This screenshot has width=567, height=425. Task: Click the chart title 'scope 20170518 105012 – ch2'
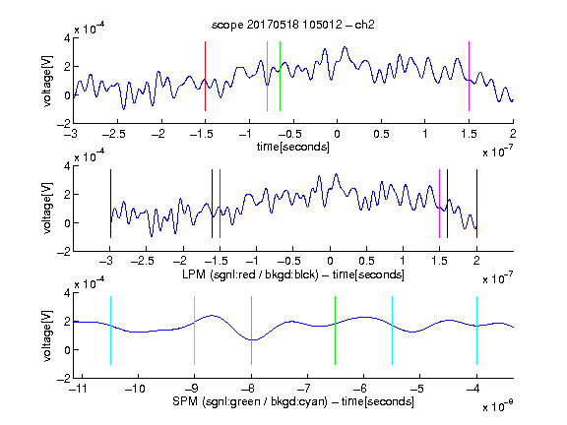[x=293, y=25]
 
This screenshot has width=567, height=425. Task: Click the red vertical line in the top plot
[x=205, y=77]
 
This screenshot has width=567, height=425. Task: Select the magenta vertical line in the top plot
[x=469, y=77]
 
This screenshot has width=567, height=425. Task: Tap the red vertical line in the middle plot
[x=220, y=204]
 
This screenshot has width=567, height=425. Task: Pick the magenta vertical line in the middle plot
[x=439, y=204]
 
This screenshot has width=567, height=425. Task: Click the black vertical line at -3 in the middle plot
[x=110, y=204]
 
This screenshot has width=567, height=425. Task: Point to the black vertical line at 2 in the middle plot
[x=476, y=204]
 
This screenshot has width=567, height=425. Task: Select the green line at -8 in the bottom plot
[x=251, y=331]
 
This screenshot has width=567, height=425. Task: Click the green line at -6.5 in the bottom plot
[x=336, y=331]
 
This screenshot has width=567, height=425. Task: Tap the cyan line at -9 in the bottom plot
[x=195, y=331]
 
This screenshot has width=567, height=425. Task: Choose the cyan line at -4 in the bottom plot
[x=476, y=331]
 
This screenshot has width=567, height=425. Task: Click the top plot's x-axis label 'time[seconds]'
[x=293, y=147]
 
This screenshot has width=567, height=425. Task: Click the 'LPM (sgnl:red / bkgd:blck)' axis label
[x=250, y=274]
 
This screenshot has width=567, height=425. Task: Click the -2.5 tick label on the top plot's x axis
[x=114, y=135]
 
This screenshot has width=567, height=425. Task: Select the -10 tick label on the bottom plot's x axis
[x=135, y=389]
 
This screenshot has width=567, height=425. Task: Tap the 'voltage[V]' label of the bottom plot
[x=47, y=336]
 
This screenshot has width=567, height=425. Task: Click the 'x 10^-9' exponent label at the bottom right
[x=497, y=406]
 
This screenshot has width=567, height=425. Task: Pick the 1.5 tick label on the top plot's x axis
[x=469, y=135]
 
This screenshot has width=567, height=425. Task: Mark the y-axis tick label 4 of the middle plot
[x=67, y=166]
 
